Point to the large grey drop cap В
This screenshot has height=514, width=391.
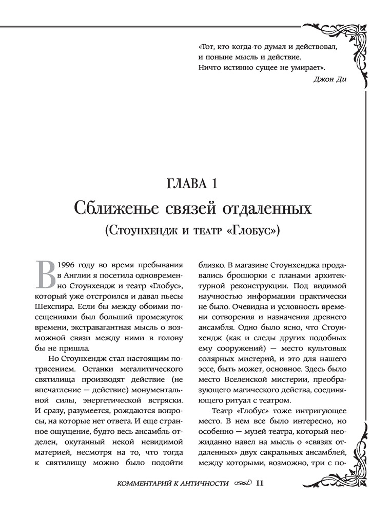coord(45,274)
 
